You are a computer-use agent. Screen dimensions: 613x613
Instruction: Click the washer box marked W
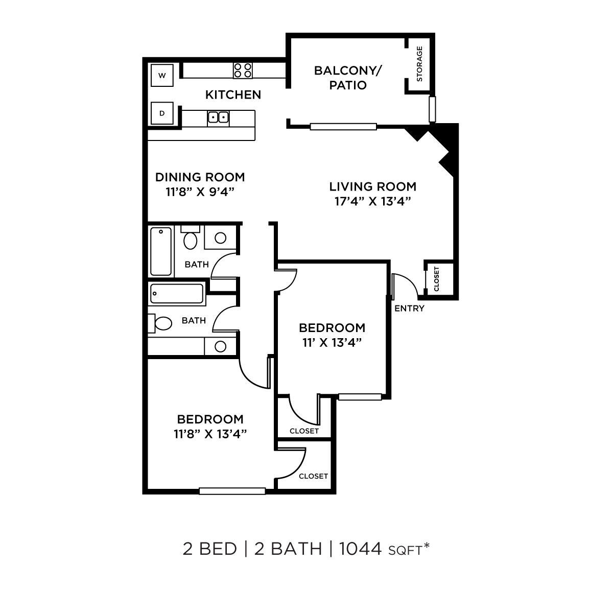(x=162, y=76)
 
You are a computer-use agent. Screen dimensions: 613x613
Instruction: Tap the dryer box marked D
(x=162, y=113)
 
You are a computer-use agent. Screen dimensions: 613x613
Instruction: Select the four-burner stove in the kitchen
(x=243, y=70)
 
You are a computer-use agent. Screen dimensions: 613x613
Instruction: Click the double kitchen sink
(x=218, y=117)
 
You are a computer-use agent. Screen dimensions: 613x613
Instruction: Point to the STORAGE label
(x=419, y=64)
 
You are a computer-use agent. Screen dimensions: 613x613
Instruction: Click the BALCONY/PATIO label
(x=348, y=78)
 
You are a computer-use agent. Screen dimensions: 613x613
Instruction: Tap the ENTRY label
(x=409, y=308)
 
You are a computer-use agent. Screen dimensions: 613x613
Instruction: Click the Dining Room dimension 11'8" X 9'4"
(x=200, y=192)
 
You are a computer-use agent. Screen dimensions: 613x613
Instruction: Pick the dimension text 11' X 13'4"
(x=332, y=343)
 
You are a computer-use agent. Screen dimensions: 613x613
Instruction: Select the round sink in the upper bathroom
(x=221, y=238)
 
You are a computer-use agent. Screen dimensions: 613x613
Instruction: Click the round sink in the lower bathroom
(x=221, y=346)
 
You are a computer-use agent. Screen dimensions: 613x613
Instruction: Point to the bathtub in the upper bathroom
(x=161, y=251)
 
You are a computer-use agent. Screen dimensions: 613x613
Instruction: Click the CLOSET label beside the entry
(x=436, y=279)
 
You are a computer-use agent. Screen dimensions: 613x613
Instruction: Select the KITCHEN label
(x=233, y=95)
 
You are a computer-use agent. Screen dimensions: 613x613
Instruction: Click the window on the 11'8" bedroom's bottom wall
(x=232, y=491)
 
